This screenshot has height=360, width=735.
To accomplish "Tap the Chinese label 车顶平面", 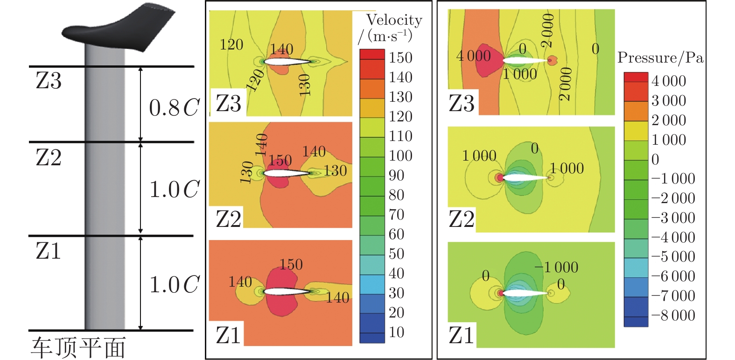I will tap(78, 348).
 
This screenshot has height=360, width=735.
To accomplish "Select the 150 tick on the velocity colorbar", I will tap(400, 57).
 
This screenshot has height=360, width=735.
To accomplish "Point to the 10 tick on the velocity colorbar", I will tap(396, 332).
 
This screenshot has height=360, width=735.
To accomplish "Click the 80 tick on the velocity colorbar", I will tap(396, 195).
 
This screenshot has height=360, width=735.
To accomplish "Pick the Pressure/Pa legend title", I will tap(660, 58).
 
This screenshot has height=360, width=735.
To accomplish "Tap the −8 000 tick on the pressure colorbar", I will tap(673, 315).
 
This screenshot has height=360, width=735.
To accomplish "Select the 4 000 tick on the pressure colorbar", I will tap(668, 81).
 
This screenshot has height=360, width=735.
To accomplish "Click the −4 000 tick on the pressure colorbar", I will tap(673, 237).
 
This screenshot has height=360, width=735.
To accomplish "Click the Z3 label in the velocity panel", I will tap(228, 103).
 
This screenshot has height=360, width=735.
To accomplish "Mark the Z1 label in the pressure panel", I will tap(461, 335).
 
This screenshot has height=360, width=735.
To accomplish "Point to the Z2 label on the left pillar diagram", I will tap(49, 157).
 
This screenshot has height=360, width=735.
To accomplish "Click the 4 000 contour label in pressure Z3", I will tap(473, 56).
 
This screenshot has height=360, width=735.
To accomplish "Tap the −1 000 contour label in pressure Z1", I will tap(556, 267).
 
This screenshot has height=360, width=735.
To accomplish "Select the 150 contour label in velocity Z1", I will tap(291, 264).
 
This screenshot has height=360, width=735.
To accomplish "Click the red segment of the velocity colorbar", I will tap(372, 54).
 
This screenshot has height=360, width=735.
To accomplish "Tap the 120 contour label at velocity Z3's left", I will tap(231, 45).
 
